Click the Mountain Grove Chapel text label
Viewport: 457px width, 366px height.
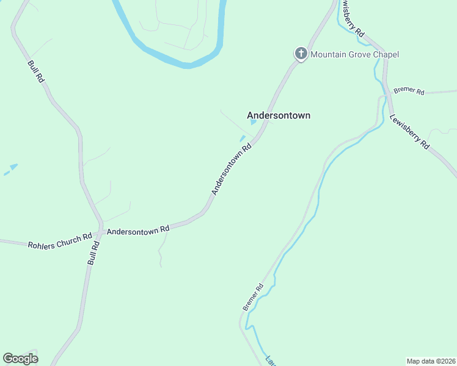click(x=354, y=54)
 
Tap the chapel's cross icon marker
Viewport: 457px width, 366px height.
click(x=301, y=54)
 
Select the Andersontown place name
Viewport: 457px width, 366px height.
click(x=279, y=115)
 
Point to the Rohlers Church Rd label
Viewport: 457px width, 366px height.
click(x=59, y=240)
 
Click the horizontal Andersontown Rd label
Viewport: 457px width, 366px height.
click(x=137, y=231)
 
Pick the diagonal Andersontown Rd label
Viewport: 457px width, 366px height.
click(x=232, y=170)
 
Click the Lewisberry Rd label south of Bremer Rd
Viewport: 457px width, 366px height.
click(x=410, y=131)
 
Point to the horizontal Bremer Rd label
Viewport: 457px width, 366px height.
click(x=409, y=91)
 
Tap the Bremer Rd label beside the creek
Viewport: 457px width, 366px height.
click(x=253, y=297)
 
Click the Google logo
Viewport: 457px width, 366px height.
click(x=20, y=359)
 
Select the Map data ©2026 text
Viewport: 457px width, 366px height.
click(x=431, y=361)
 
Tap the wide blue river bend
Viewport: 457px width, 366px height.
click(x=183, y=59)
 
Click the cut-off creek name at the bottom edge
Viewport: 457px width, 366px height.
click(x=270, y=360)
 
